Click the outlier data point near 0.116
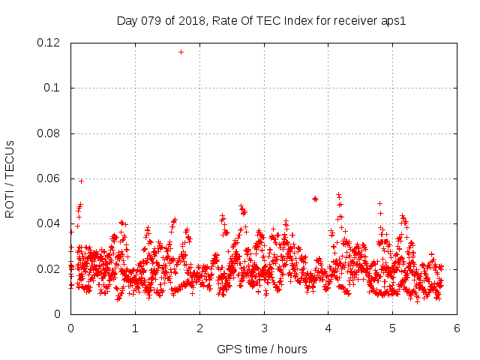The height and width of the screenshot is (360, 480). tap(181, 52)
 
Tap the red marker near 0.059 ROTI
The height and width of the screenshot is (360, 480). tap(81, 181)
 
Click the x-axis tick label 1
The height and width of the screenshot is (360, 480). tap(135, 328)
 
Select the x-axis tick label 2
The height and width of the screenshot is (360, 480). tap(199, 328)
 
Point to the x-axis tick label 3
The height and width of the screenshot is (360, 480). tap(264, 328)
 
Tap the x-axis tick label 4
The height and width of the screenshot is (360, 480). tap(328, 328)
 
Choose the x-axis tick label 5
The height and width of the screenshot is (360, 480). tap(393, 328)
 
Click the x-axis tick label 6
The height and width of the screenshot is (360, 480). tap(457, 328)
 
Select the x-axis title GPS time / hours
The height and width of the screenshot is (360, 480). tap(262, 349)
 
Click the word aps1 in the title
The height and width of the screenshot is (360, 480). tap(392, 20)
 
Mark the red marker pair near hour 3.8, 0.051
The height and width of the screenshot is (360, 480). tap(315, 199)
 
